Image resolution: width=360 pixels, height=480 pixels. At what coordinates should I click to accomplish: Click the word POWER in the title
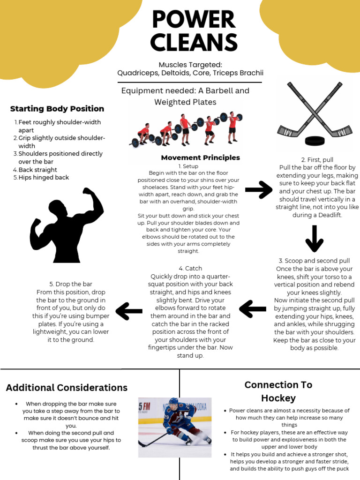coord(194,20)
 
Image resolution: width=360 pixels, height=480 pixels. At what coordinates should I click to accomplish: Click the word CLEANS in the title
coord(194,43)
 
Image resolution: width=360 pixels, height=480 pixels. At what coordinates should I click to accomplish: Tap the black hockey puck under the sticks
coord(315,141)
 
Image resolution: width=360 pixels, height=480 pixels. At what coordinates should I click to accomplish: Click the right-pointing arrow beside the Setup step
coord(259,190)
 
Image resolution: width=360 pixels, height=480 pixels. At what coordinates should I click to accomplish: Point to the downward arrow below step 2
coord(314,238)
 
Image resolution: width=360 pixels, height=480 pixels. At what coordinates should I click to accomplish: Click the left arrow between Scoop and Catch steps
coord(253,308)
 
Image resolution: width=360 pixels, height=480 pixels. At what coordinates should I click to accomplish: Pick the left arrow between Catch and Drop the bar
coord(129,310)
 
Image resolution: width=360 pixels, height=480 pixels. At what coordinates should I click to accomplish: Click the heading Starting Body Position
coord(57,109)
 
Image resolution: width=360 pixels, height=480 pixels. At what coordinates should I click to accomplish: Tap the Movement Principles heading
coord(200,157)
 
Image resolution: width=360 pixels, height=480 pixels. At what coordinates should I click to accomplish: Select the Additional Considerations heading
coord(67,388)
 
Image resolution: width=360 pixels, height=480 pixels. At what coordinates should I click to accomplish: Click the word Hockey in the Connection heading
coord(278,398)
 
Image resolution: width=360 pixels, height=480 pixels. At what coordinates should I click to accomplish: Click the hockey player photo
coord(175,427)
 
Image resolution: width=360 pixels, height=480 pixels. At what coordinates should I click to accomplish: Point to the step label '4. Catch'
coord(190,268)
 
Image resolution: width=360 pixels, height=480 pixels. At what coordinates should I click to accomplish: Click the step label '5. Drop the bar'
coord(71,284)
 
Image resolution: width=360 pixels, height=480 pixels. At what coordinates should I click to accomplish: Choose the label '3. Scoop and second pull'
coord(314,261)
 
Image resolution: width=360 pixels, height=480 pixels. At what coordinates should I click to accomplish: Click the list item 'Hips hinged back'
coord(44,178)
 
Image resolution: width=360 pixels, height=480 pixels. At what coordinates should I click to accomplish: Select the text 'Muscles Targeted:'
coord(190,64)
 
